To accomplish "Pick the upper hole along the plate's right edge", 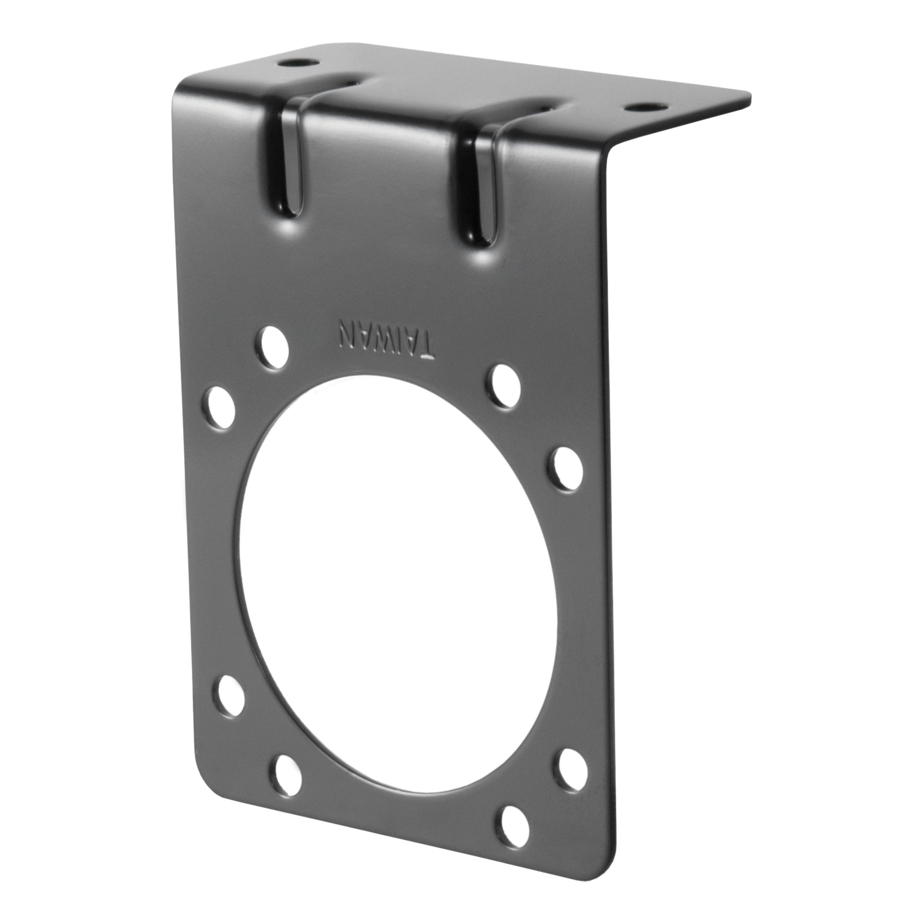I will [568, 469].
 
